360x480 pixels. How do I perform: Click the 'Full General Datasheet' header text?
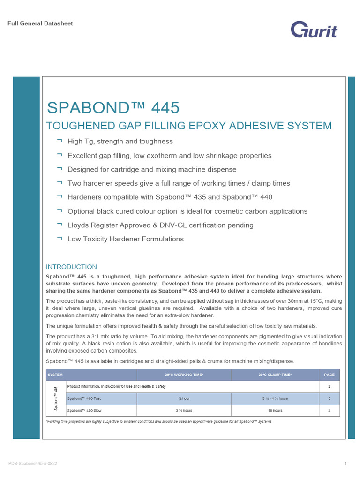[x=40, y=23]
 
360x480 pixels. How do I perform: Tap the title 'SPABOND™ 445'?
[x=113, y=108]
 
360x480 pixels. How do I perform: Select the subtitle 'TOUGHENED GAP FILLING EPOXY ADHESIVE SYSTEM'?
[x=188, y=126]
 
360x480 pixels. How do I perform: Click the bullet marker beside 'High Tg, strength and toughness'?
[x=59, y=141]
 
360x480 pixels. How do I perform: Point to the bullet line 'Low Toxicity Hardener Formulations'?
[x=126, y=239]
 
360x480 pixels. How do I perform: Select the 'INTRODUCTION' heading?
[x=71, y=267]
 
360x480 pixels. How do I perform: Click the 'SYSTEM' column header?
[x=55, y=375]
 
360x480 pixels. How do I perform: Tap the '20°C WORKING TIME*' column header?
[x=184, y=375]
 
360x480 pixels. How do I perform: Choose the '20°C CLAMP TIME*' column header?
[x=275, y=375]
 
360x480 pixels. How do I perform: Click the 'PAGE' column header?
[x=330, y=375]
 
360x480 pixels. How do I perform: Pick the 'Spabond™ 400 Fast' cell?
[x=84, y=398]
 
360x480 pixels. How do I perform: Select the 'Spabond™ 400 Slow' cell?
[x=84, y=411]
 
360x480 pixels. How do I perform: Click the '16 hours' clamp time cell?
[x=275, y=411]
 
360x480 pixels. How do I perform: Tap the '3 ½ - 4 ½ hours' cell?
[x=275, y=398]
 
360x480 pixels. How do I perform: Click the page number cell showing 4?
[x=330, y=411]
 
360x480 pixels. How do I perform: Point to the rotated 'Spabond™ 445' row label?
[x=56, y=398]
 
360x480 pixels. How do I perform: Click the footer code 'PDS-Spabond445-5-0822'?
[x=33, y=463]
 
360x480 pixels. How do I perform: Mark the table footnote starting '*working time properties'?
[x=158, y=422]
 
